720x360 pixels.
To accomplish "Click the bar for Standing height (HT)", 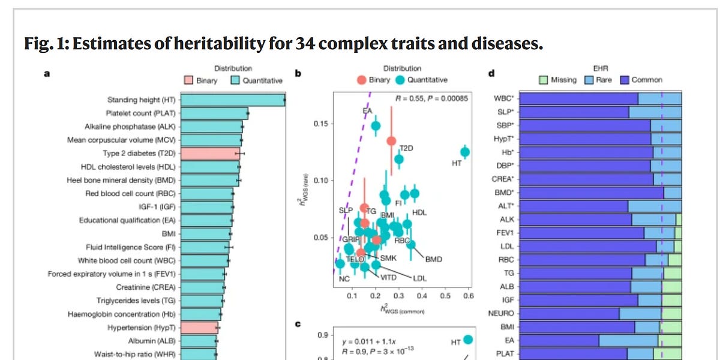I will (232, 100).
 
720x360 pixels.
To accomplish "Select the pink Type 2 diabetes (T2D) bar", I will (210, 154).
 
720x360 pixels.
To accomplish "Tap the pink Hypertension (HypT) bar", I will (199, 328).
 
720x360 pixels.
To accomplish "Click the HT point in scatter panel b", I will (465, 152).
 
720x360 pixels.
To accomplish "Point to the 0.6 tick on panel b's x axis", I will (468, 296).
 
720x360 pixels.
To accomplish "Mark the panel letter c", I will (298, 324).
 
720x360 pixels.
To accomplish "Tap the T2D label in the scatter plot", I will (407, 148).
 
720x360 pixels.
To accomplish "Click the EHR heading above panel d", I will (601, 69).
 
